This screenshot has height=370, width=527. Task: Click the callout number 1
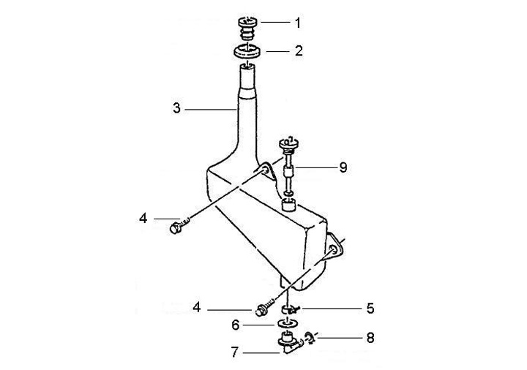(297, 23)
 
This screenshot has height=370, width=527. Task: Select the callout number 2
(299, 50)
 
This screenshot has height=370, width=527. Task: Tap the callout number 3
(177, 108)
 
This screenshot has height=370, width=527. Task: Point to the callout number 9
(343, 167)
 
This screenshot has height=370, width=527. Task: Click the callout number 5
(370, 309)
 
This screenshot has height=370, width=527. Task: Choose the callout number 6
(236, 325)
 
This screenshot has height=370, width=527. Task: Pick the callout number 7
(235, 352)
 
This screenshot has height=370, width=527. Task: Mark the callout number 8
(370, 337)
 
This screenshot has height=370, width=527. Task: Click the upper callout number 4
(143, 219)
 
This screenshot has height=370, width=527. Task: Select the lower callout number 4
(197, 307)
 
